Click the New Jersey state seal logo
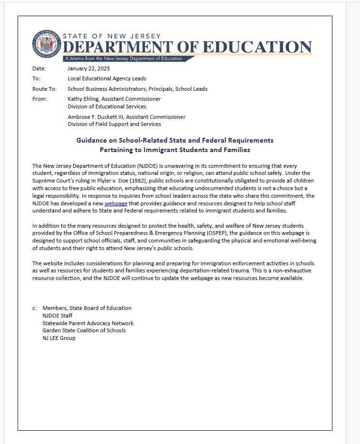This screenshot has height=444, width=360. (x=47, y=46)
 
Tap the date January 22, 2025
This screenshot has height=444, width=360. (x=88, y=68)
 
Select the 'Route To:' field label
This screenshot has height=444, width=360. (x=44, y=89)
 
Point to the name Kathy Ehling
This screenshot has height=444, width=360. (x=85, y=99)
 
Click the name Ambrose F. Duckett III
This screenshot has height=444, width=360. (x=97, y=116)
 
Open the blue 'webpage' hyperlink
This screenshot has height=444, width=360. (x=116, y=203)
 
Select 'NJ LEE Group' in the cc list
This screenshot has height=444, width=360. (x=59, y=338)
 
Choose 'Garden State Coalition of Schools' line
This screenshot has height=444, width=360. (x=84, y=330)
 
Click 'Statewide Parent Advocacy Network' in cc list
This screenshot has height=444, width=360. (x=88, y=323)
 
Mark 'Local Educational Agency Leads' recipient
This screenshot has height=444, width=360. (x=107, y=78)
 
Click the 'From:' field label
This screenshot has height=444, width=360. (x=39, y=99)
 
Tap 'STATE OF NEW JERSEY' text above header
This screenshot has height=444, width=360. (x=112, y=36)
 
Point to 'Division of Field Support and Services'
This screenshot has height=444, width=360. (x=114, y=124)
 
